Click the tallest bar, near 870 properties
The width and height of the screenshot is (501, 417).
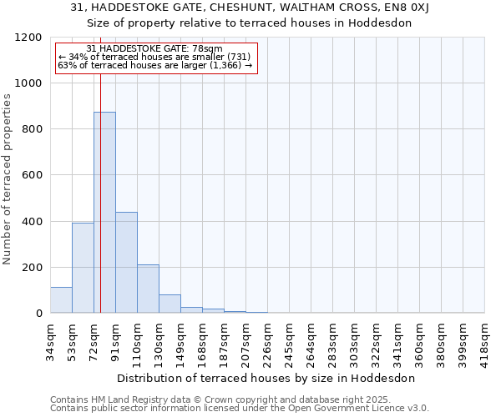(x=104, y=213)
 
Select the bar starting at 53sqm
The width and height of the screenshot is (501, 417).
(x=83, y=268)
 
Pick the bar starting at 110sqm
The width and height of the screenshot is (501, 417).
(x=148, y=289)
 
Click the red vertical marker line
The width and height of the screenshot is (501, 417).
(x=100, y=183)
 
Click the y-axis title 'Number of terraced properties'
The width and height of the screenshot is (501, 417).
(x=8, y=179)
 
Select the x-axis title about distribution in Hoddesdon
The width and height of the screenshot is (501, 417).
(x=266, y=378)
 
